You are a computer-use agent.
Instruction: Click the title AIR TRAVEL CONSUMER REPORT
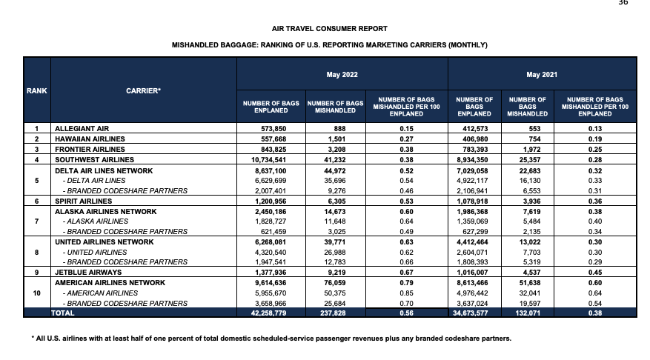[330, 29]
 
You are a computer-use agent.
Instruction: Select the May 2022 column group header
[342, 75]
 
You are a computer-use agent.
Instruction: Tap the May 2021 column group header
[542, 75]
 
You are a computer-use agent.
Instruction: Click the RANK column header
[36, 90]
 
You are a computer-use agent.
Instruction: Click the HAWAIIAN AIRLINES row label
[90, 139]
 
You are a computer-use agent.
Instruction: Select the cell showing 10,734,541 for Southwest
[265, 159]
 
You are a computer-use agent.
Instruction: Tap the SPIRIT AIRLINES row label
[84, 201]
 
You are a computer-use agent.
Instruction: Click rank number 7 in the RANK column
[36, 221]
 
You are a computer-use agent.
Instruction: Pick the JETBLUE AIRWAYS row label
[87, 273]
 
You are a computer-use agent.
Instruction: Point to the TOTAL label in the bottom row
[63, 313]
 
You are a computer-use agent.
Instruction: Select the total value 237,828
[334, 313]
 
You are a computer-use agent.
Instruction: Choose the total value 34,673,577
[473, 313]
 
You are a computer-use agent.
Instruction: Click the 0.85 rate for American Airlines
[405, 293]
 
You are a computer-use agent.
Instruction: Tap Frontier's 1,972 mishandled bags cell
[528, 149]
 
